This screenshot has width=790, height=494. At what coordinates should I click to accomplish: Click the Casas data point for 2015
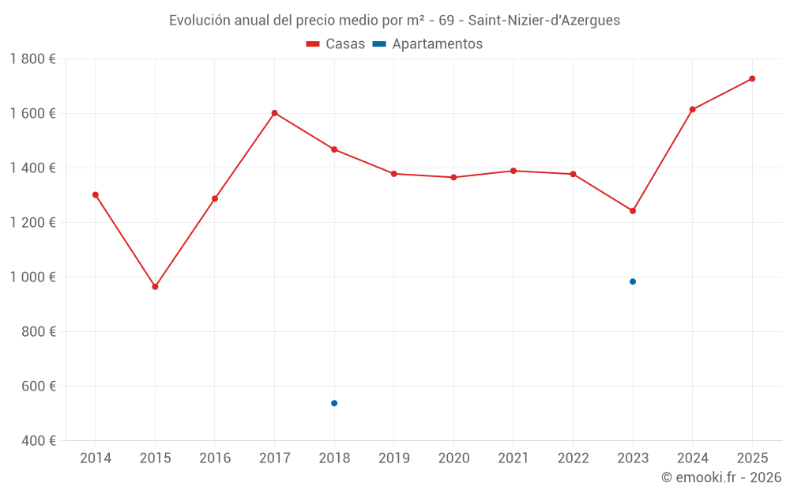pyautogui.click(x=155, y=287)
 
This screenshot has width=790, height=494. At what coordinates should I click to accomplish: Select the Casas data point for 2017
pyautogui.click(x=274, y=113)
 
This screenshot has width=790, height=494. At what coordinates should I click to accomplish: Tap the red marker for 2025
pyautogui.click(x=752, y=78)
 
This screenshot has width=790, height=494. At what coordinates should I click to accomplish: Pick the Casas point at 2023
pyautogui.click(x=633, y=211)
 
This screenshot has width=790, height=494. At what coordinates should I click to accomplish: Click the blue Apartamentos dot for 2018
pyautogui.click(x=334, y=403)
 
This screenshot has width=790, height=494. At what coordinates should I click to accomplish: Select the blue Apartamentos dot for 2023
pyautogui.click(x=633, y=281)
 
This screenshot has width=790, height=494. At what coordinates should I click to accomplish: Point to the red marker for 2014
pyautogui.click(x=96, y=194)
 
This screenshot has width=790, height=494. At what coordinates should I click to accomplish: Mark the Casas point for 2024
pyautogui.click(x=692, y=109)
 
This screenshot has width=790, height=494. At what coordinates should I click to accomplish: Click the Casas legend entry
pyautogui.click(x=336, y=44)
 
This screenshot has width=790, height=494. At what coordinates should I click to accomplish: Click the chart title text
pyautogui.click(x=394, y=21)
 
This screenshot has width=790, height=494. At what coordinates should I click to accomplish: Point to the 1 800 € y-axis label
pyautogui.click(x=32, y=58)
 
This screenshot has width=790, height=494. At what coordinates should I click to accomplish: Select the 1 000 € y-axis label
pyautogui.click(x=32, y=277)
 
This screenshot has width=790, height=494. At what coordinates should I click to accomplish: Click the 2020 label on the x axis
pyautogui.click(x=453, y=458)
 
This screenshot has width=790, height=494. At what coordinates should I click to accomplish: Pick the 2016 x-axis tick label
pyautogui.click(x=215, y=458)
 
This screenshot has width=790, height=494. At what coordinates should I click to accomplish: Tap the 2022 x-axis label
pyautogui.click(x=573, y=458)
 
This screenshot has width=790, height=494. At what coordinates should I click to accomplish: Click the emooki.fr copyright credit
pyautogui.click(x=720, y=477)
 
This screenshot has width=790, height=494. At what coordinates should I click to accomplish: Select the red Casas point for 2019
pyautogui.click(x=393, y=174)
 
